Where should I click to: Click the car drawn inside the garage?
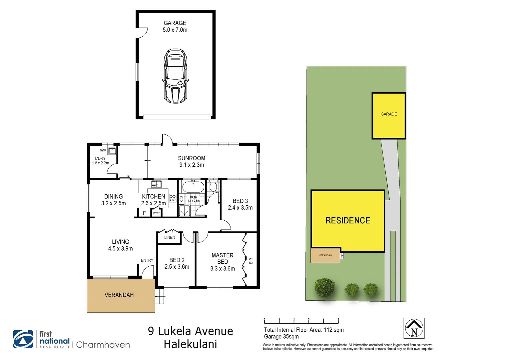[175, 76]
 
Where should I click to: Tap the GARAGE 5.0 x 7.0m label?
[175, 26]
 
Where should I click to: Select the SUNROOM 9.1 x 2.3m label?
[192, 161]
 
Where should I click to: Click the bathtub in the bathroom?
[193, 187]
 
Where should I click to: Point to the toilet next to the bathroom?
[213, 187]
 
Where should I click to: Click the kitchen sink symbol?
[156, 184]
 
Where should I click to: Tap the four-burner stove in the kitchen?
[173, 198]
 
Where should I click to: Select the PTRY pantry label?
[157, 213]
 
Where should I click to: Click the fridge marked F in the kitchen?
[144, 213]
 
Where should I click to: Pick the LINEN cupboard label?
[170, 237]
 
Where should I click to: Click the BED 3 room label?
[240, 204]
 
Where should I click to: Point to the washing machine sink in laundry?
[112, 151]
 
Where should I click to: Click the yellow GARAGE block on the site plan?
[389, 115]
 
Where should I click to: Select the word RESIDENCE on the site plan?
[348, 220]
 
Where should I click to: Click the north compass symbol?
[414, 328]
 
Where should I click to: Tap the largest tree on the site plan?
[324, 287]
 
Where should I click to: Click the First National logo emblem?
[23, 339]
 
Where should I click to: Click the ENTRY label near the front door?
[147, 260]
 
